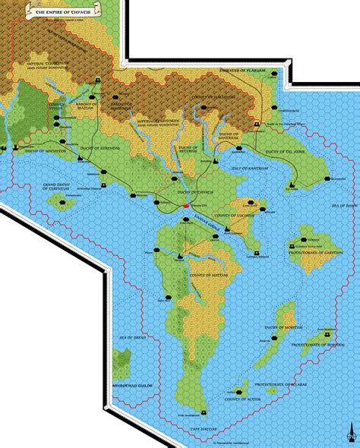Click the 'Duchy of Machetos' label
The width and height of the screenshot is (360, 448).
[x=45, y=152]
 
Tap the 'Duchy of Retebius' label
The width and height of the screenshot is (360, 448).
[x=185, y=141]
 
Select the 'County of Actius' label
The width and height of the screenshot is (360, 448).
[x=242, y=399]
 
